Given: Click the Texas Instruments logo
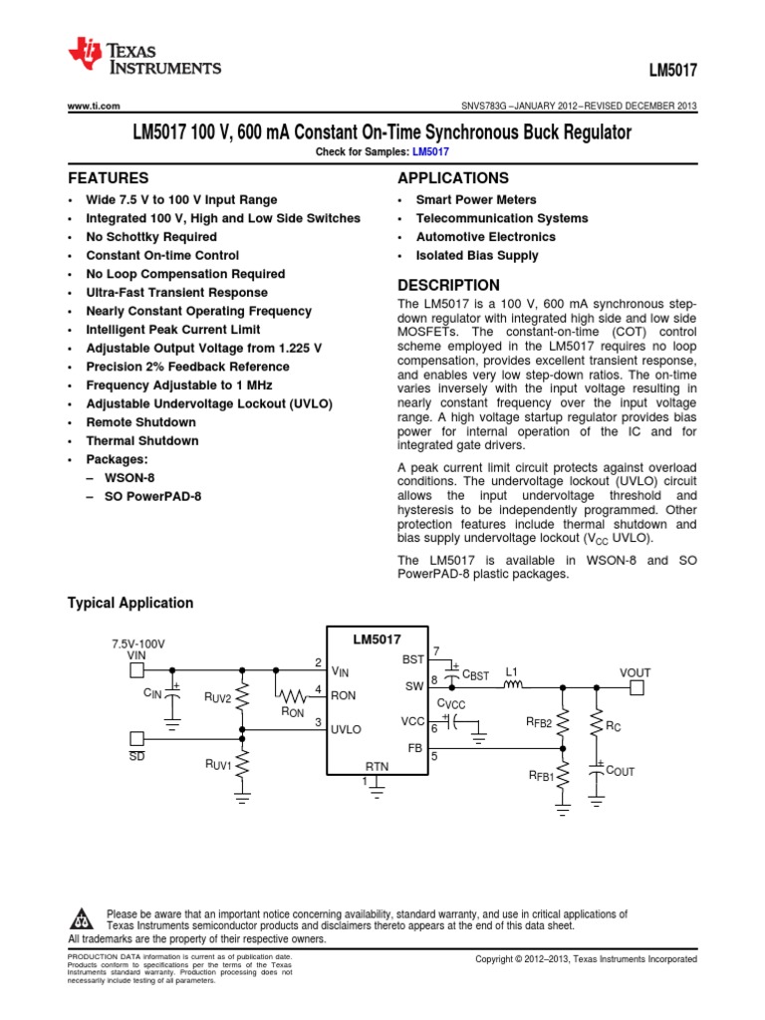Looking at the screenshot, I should pos(143,59).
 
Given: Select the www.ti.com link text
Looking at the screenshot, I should pos(94,107).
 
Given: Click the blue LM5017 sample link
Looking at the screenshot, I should pos(431,151).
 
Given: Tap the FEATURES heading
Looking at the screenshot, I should pos(108,178).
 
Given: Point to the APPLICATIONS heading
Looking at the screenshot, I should pos(452,178).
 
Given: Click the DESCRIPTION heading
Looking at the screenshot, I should pos(448,285).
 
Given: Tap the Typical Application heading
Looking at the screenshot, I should pos(129,603).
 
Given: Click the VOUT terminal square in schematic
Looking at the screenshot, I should pos(637,686).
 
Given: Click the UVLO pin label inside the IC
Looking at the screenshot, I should pos(348,729).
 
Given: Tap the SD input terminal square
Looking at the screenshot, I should pos(136,738).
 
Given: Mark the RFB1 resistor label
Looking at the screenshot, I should pos(541,775).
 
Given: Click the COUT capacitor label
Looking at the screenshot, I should pos(621,770).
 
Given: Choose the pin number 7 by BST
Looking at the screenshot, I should pos(436,650).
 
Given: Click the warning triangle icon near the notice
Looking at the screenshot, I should pos(82,917).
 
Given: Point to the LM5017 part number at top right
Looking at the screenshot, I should pos(674,73).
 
